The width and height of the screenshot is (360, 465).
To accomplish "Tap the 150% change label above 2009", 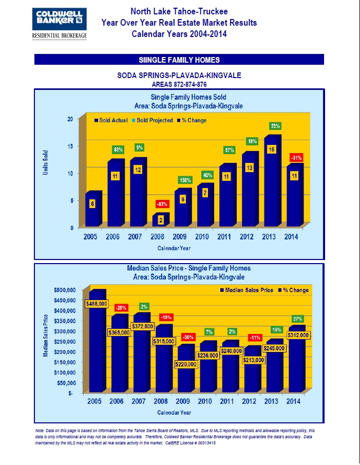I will [185, 180].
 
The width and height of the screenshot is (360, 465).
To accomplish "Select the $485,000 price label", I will [97, 304].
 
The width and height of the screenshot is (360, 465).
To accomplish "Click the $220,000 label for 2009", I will [186, 364].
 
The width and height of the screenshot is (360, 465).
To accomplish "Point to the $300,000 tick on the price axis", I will [67, 331].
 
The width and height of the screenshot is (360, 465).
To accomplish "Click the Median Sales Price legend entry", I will [245, 290].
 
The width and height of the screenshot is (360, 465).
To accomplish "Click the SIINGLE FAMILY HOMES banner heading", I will [179, 60].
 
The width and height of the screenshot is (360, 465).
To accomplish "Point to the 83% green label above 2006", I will [118, 150].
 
